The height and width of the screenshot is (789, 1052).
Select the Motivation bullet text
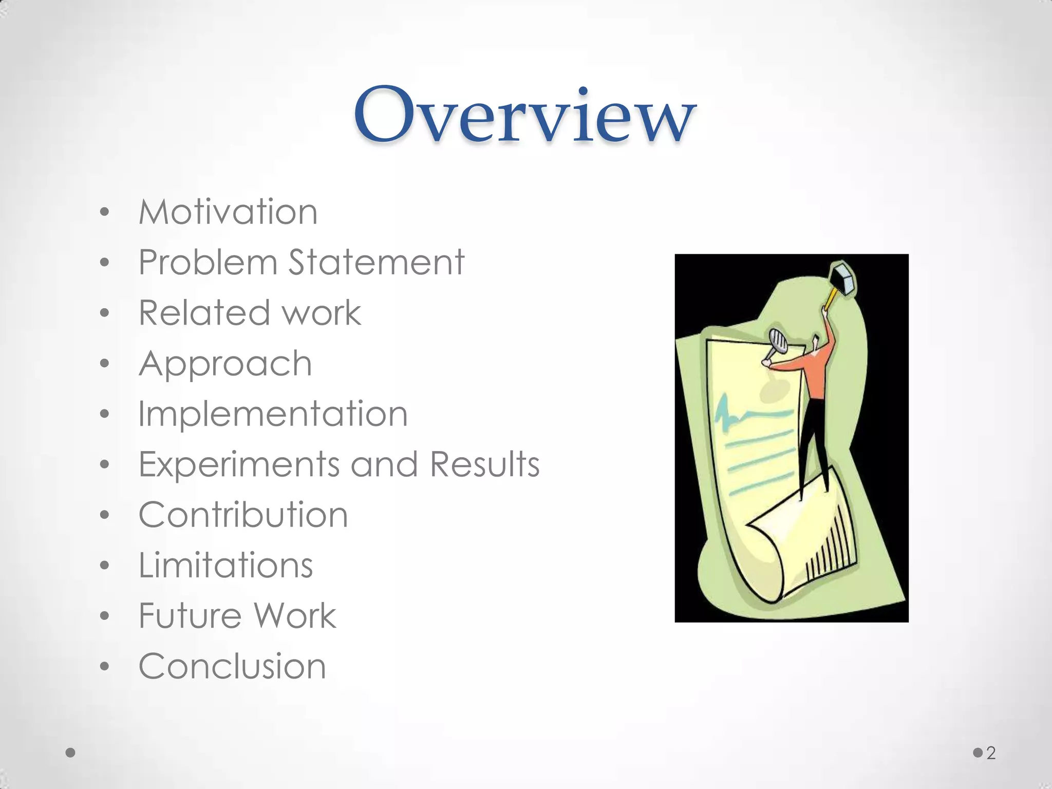228,212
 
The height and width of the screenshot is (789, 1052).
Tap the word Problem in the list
208,262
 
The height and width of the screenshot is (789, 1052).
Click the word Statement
376,262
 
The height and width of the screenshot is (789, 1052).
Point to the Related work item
250,313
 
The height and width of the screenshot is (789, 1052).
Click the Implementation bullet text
273,414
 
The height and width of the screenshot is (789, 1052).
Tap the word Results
484,464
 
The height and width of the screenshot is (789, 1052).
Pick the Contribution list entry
243,515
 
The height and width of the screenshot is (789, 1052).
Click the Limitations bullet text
226,565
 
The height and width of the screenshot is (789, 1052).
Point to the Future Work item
237,615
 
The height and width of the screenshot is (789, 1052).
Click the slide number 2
991,753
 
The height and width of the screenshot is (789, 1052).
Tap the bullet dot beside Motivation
105,212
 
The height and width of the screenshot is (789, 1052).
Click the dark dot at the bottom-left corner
71,753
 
